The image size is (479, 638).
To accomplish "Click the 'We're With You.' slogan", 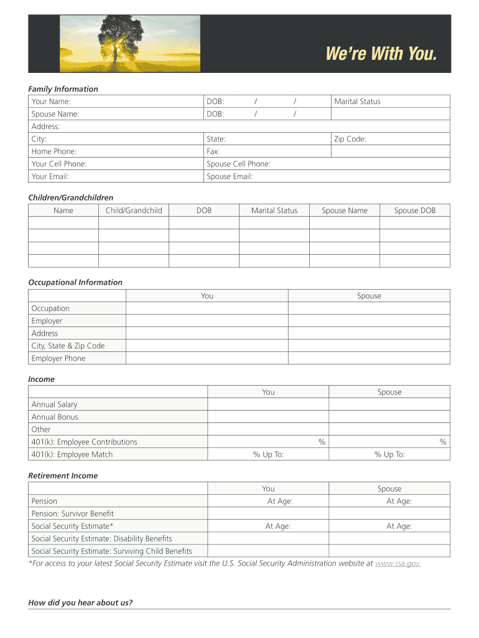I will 381,55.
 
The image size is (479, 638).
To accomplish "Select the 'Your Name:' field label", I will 51,102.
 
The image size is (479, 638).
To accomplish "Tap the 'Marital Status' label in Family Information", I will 357,102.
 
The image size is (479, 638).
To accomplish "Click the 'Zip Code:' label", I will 350,139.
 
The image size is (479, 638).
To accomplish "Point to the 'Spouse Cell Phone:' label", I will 238,164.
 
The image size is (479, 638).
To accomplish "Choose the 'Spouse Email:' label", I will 230,176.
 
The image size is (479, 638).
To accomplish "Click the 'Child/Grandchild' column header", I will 134,211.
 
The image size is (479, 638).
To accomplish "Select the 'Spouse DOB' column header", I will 415,211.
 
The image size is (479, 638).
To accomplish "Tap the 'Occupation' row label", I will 50,308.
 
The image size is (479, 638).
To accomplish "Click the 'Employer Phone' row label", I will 58,358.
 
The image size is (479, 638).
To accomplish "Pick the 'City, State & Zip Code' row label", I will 68,346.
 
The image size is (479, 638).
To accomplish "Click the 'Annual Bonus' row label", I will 55,417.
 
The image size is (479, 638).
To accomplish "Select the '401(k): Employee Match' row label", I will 72,454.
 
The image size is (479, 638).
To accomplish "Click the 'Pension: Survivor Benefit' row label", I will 72,513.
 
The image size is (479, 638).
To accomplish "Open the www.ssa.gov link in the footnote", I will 398,563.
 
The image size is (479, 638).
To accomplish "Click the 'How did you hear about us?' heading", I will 80,602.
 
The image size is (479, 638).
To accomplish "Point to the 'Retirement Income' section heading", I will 63,475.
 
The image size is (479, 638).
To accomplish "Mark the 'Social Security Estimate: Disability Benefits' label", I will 101,538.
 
